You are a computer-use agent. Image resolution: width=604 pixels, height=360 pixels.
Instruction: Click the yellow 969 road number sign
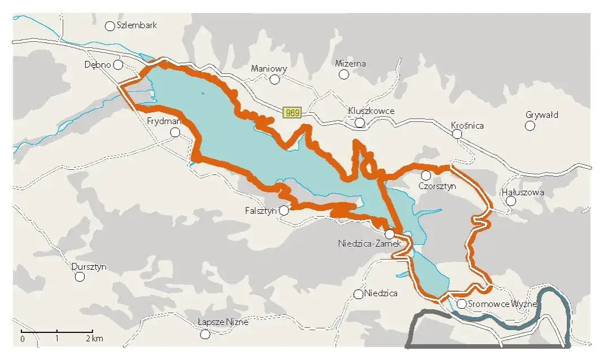tap(292, 113)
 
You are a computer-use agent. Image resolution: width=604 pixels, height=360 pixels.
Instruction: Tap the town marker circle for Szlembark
tap(110, 26)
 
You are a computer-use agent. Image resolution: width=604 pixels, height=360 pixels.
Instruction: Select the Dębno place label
tap(96, 64)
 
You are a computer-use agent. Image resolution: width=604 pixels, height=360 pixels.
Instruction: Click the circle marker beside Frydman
tap(175, 133)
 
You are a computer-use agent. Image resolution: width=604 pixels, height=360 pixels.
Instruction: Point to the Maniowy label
tap(269, 69)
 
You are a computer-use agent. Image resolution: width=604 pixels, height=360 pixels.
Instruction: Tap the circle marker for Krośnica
tap(457, 134)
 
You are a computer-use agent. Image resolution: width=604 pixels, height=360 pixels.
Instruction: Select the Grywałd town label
tap(542, 115)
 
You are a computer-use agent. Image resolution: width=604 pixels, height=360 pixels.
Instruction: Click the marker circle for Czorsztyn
tap(426, 175)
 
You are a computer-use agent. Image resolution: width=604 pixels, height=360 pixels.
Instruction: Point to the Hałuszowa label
tap(523, 192)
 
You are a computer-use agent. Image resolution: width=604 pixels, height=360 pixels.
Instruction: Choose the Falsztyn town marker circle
tap(284, 210)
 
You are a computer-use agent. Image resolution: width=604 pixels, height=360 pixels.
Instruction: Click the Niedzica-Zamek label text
tap(369, 244)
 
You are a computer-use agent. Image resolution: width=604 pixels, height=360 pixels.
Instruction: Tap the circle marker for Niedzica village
tap(358, 294)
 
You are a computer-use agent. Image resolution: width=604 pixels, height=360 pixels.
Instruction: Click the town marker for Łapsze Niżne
tap(205, 334)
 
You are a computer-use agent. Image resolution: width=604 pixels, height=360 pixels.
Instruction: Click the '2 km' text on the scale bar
tap(95, 339)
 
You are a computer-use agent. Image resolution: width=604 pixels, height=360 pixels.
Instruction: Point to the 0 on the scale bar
tap(23, 339)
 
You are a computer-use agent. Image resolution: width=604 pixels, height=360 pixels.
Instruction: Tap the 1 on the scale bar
tap(57, 339)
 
